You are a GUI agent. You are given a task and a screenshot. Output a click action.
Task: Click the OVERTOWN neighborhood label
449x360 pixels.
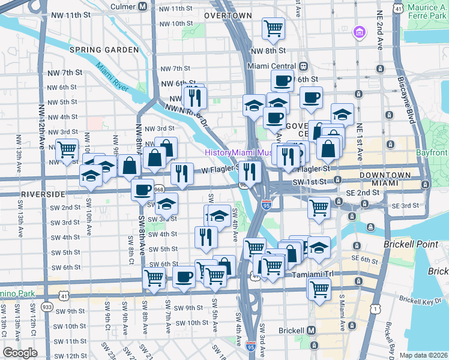click(x=228, y=15)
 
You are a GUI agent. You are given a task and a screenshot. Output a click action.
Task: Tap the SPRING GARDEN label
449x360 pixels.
click(x=100, y=49)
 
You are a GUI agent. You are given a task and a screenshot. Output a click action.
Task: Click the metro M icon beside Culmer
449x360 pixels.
click(x=143, y=7)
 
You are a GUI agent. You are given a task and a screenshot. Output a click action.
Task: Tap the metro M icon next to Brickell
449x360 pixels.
click(x=311, y=330)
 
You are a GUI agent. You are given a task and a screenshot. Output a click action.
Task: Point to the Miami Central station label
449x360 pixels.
click(x=273, y=66)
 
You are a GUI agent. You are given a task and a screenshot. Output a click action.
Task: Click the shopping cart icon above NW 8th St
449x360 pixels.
click(x=273, y=28)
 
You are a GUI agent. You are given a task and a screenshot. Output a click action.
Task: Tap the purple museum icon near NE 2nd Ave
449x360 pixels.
click(x=360, y=31)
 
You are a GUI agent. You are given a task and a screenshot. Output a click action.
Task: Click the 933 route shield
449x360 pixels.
click(x=46, y=307)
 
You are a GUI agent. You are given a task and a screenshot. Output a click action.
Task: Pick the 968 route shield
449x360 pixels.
click(x=159, y=189)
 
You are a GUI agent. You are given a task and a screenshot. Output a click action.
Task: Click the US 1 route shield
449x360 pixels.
click(x=376, y=308)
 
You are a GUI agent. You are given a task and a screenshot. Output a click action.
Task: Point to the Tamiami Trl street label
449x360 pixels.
click(x=310, y=275)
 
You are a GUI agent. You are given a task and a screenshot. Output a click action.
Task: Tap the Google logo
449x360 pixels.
click(x=20, y=353)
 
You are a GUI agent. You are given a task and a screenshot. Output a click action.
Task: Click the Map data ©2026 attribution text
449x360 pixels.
click(x=423, y=355)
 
